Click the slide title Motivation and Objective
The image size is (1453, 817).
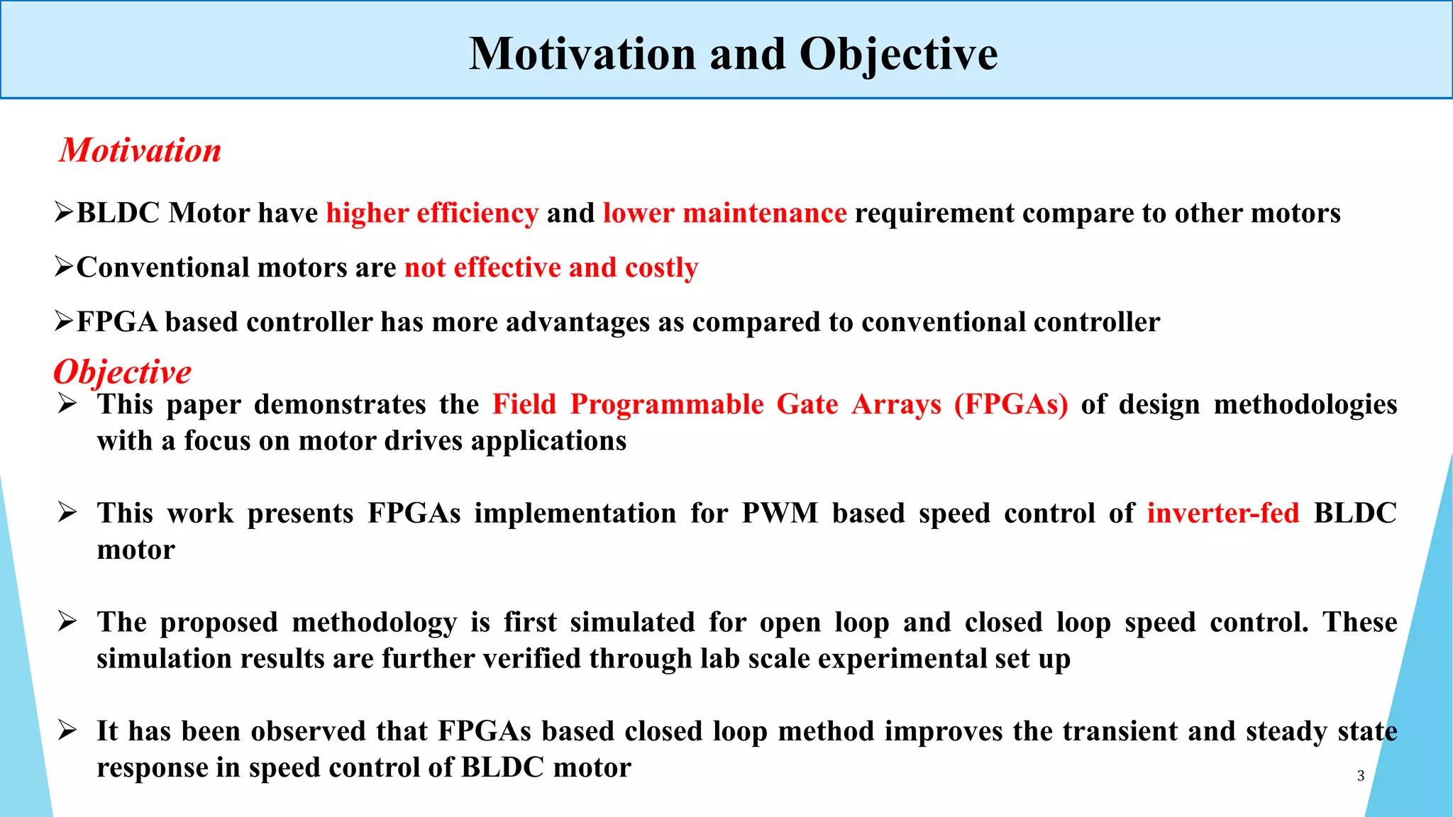coord(733,54)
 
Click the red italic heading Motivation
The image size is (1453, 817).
coord(140,150)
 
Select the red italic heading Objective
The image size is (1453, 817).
coord(123,372)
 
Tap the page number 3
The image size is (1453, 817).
coord(1360,776)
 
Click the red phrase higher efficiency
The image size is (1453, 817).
coord(432,213)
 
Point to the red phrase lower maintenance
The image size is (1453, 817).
coord(724,213)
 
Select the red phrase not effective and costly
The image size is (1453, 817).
coord(551,268)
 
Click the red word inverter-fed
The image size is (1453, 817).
coord(1222,513)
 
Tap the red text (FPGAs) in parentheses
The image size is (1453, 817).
coord(1010,404)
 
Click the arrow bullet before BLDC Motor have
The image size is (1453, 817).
coord(64,212)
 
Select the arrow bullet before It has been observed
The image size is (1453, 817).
coord(67,730)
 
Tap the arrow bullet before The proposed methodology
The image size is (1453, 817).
coord(67,621)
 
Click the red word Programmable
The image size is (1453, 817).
coord(666,404)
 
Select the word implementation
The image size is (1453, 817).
coord(575,513)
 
